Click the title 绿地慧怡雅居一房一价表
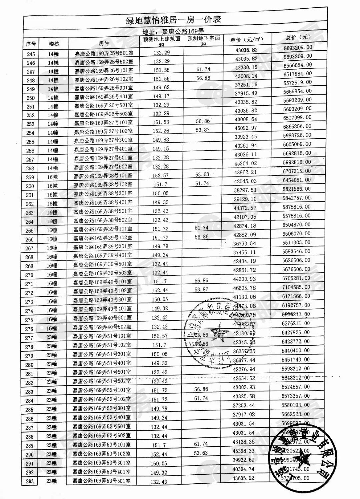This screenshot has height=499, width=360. tap(173, 20)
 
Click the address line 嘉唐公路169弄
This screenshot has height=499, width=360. tap(173, 32)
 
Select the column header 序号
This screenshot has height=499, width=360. tap(31, 44)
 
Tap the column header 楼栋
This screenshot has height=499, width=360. tap(54, 44)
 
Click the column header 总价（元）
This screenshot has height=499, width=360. tap(298, 37)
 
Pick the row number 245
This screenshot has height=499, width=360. tap(31, 54)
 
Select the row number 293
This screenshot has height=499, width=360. tap(29, 481)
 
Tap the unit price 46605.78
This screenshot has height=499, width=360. tap(245, 288)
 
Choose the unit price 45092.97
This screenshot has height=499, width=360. tap(246, 128)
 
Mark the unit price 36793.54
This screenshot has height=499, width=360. tap(245, 244)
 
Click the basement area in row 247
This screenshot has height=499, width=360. tap(203, 69)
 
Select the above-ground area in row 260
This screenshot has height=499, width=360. tap(161, 184)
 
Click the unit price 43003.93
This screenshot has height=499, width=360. tap(244, 387)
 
